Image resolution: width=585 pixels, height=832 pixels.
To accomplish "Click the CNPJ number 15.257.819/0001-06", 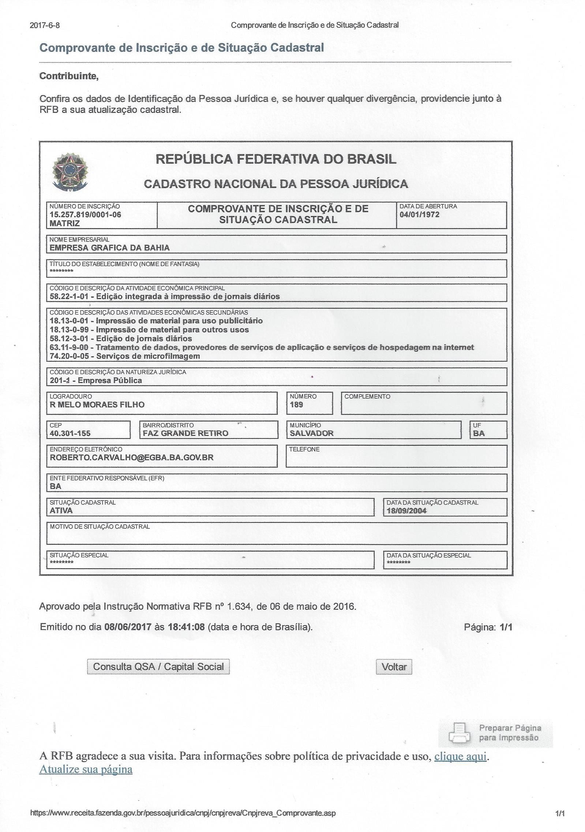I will coord(85,214).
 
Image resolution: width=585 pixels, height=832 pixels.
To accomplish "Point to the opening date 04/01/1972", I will coord(419,214).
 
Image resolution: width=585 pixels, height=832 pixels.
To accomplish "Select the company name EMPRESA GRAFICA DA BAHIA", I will coord(109,248).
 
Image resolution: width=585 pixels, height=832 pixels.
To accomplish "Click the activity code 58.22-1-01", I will coord(69,296).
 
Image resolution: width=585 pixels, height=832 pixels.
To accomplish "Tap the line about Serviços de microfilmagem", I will coord(125,356).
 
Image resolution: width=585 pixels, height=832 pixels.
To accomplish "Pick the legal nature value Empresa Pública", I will coord(110,380).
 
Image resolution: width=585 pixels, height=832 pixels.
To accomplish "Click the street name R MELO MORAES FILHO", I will coord(97,404).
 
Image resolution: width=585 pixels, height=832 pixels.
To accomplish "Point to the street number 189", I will coord(296,404).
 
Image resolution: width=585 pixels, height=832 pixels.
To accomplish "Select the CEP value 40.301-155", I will coord(70,433).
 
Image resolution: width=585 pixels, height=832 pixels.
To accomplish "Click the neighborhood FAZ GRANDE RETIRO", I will coord(185,433).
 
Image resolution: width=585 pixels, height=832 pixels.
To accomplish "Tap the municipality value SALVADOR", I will coord(312,433).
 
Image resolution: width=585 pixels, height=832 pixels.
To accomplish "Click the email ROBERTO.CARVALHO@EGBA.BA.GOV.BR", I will coord(131,457).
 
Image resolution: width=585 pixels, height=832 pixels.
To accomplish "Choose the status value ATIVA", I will coord(61,510).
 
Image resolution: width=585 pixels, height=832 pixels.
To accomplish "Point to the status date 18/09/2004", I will coord(406,511).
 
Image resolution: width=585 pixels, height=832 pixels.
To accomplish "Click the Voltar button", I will coord(394,667).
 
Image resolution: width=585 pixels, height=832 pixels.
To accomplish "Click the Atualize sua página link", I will coord(86,769).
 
